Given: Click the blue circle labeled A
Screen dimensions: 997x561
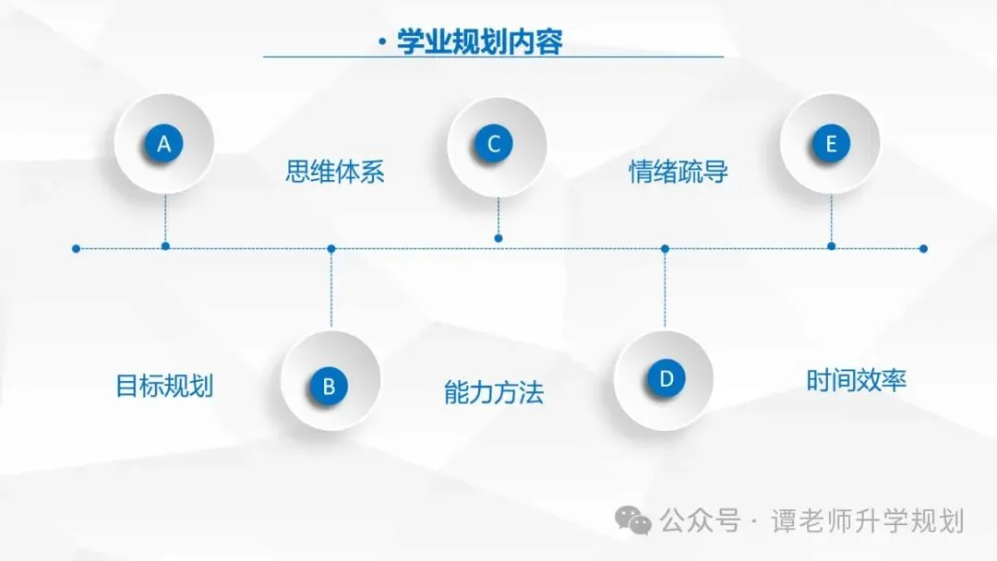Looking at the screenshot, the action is click(x=164, y=144).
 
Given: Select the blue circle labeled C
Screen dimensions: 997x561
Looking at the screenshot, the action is click(x=495, y=144).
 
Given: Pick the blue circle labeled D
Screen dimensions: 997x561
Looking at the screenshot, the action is click(x=666, y=378).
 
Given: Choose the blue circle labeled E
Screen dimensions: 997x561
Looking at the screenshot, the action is click(x=831, y=144).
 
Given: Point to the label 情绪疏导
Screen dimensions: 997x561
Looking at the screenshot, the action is click(x=679, y=173).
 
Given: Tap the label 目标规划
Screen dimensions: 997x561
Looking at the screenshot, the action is click(x=164, y=385).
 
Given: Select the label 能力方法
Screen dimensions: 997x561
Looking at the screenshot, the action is click(x=494, y=393).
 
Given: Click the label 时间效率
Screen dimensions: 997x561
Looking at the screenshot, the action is click(x=857, y=380).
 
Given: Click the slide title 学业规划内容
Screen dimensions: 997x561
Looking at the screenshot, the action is click(x=479, y=42).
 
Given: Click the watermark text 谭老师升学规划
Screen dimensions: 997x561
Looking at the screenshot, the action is click(x=868, y=521).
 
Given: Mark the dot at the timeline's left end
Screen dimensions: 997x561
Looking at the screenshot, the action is click(x=76, y=248).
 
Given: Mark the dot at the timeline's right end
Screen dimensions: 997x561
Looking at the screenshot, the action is click(x=923, y=248).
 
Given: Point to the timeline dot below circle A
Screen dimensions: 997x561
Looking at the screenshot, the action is click(x=165, y=246).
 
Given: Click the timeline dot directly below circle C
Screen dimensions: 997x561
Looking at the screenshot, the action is click(x=498, y=238).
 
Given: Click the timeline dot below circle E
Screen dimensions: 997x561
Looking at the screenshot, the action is click(x=831, y=246).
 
